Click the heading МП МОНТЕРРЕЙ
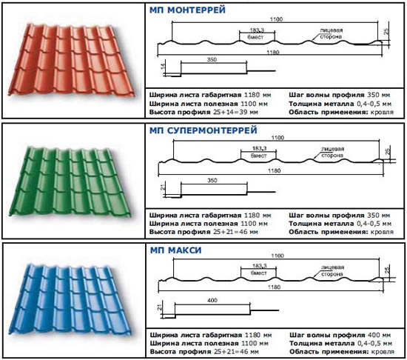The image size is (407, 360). tap(187, 10)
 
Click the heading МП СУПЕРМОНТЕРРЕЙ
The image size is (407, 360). tap(203, 130)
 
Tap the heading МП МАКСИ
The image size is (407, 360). tap(175, 250)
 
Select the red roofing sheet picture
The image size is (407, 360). tap(71, 60)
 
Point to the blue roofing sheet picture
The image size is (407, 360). tap(70, 299)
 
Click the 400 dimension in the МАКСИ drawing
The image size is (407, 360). tap(212, 300)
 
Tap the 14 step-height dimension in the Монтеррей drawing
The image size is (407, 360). tap(163, 66)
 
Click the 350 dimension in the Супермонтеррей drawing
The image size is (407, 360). tap(212, 180)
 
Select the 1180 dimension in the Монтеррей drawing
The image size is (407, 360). tap(273, 53)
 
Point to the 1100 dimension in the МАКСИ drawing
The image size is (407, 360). tap(277, 256)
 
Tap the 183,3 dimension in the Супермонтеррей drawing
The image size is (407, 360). tap(259, 148)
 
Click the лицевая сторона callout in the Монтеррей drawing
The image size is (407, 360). tap(331, 33)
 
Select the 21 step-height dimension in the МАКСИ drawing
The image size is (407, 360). tap(160, 307)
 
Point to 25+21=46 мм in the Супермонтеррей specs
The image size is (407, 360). tap(235, 232)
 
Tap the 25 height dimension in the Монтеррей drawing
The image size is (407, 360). tap(386, 31)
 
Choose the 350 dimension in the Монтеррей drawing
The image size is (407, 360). tap(212, 60)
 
